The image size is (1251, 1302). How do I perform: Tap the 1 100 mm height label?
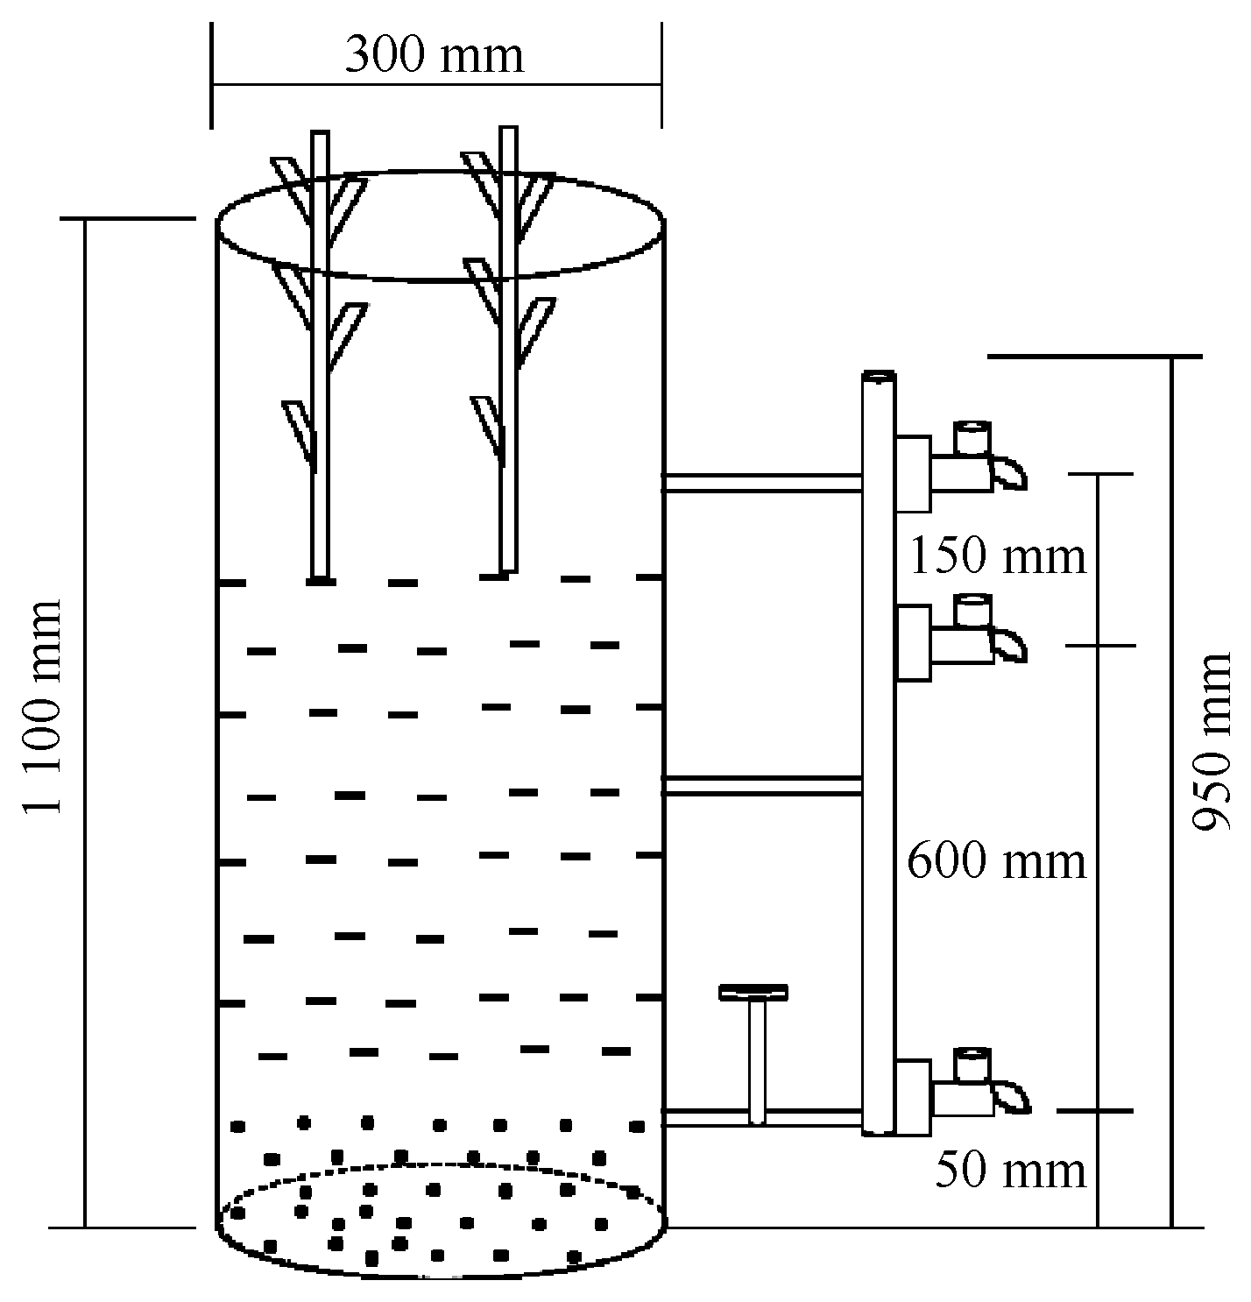[x=44, y=706]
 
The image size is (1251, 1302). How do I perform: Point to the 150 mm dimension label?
[x=998, y=556]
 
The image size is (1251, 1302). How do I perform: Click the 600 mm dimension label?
[x=996, y=861]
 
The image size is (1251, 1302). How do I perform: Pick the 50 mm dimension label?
[x=1010, y=1170]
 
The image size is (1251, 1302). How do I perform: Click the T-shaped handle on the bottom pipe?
[x=753, y=993]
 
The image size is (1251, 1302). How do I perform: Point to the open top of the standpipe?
[x=878, y=378]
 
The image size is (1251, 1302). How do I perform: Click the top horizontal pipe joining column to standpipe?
[x=762, y=483]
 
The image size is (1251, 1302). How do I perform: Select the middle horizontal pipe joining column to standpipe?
[x=762, y=786]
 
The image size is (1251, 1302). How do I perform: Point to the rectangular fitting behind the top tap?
[x=913, y=473]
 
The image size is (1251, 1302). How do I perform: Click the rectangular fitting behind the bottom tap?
[x=913, y=1097]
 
